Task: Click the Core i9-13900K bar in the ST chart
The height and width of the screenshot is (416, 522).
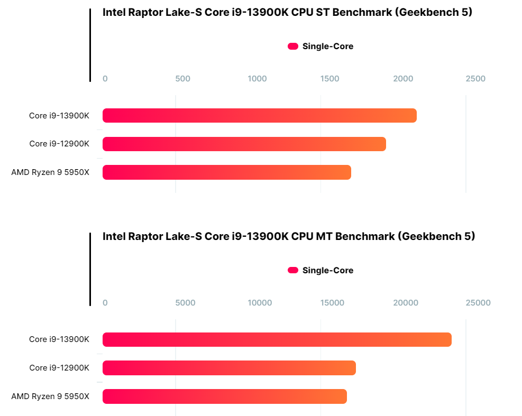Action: (x=259, y=115)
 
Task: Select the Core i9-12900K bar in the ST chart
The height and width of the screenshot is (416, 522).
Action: (x=244, y=144)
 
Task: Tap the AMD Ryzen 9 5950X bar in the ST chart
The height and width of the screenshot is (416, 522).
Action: (x=226, y=172)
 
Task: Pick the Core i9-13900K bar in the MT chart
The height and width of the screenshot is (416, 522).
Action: (x=277, y=339)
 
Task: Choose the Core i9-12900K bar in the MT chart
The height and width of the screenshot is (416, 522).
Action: (x=229, y=368)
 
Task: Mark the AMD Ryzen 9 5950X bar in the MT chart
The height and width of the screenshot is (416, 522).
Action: (x=224, y=396)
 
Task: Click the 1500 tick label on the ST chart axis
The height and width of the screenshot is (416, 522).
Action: (x=330, y=79)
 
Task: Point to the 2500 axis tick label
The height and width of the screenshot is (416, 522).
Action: (x=475, y=79)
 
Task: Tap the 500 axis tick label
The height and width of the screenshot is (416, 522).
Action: (x=182, y=79)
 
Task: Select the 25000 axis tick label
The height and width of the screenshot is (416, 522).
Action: (x=478, y=303)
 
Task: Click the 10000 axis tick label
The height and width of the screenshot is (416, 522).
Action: (x=260, y=303)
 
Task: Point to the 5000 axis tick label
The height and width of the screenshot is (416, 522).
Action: (x=185, y=303)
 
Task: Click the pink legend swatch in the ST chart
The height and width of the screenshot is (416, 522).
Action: (x=293, y=47)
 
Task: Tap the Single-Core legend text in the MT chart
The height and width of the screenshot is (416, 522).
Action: (x=328, y=271)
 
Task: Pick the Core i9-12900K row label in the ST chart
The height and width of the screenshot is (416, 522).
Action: (x=59, y=144)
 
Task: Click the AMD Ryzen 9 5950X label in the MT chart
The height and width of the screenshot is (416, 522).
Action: (x=50, y=396)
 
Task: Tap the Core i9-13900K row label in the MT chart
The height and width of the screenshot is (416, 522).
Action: (x=59, y=339)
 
